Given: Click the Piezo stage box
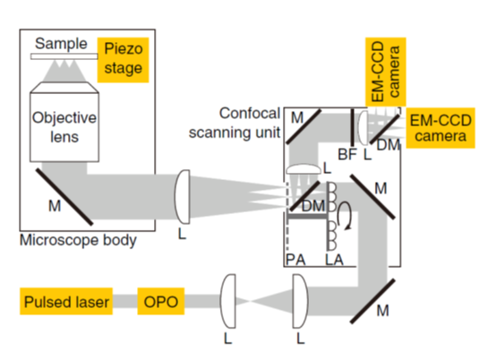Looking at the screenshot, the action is pos(123,60).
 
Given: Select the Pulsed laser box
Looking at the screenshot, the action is pos(66,301).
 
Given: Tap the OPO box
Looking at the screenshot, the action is pos(160,301).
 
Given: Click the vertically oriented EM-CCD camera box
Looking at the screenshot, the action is pos(386,73).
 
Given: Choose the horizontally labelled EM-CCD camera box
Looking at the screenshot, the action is pos(440,128).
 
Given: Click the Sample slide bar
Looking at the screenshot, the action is pos(64,56).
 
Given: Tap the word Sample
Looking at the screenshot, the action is pos(61,44).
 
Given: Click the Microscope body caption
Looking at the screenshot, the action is pos(78,240).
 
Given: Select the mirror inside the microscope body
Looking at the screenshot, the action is pos(64,196).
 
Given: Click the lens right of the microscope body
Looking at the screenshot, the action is pos(183,197).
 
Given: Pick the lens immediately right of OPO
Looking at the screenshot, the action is pos(228,301).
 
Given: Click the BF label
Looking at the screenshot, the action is pos(347,155).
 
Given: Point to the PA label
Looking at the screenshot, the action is pos(295,260).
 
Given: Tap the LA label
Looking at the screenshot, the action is pos(334,260).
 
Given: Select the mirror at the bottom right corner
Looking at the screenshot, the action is pos(372,301).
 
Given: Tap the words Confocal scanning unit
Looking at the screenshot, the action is pos(235,123).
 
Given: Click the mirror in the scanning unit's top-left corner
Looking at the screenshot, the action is pos(304,127).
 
